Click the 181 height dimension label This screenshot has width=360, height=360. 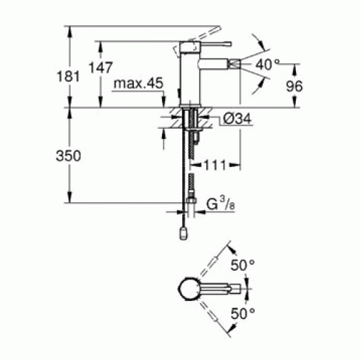pyautogui.click(x=68, y=76)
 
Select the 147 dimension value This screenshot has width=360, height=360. pyautogui.click(x=101, y=68)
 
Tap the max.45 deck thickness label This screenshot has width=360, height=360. pyautogui.click(x=138, y=84)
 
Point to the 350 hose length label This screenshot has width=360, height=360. pyautogui.click(x=68, y=156)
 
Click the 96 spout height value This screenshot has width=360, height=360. pyautogui.click(x=294, y=86)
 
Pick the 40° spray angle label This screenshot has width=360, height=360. pyautogui.click(x=267, y=65)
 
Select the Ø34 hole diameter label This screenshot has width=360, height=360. pyautogui.click(x=237, y=119)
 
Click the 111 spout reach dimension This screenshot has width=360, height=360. pyautogui.click(x=215, y=165)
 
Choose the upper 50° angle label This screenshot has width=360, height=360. pyautogui.click(x=243, y=266)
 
